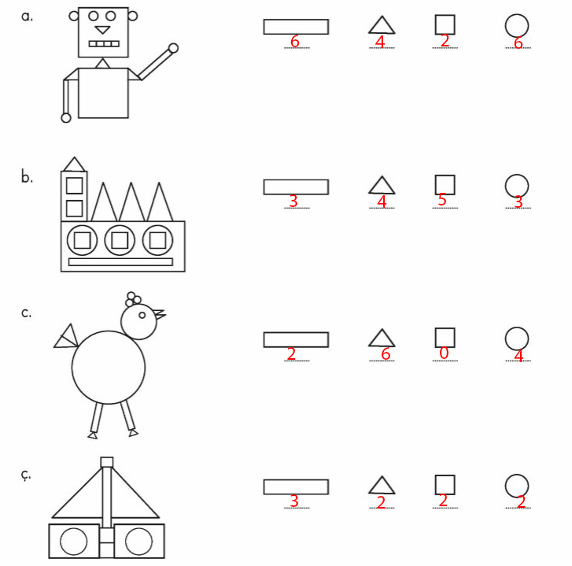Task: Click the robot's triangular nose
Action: [102, 30]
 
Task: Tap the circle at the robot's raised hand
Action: [173, 48]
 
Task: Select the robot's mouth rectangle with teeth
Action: [104, 44]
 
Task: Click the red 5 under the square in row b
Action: [442, 200]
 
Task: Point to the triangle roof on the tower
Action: [75, 165]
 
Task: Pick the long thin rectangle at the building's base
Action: [120, 261]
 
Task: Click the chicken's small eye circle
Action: [142, 315]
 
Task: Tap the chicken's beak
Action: [159, 314]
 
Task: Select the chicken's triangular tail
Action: [66, 336]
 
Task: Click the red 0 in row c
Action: [444, 353]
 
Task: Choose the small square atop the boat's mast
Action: [107, 462]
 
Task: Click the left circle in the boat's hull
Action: [74, 541]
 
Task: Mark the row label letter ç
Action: [25, 475]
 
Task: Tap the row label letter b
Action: [27, 177]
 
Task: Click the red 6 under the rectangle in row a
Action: [295, 41]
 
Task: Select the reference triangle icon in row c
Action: [382, 338]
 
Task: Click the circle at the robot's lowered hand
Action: [66, 118]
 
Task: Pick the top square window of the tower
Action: [75, 186]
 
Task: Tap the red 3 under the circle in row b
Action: [518, 202]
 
